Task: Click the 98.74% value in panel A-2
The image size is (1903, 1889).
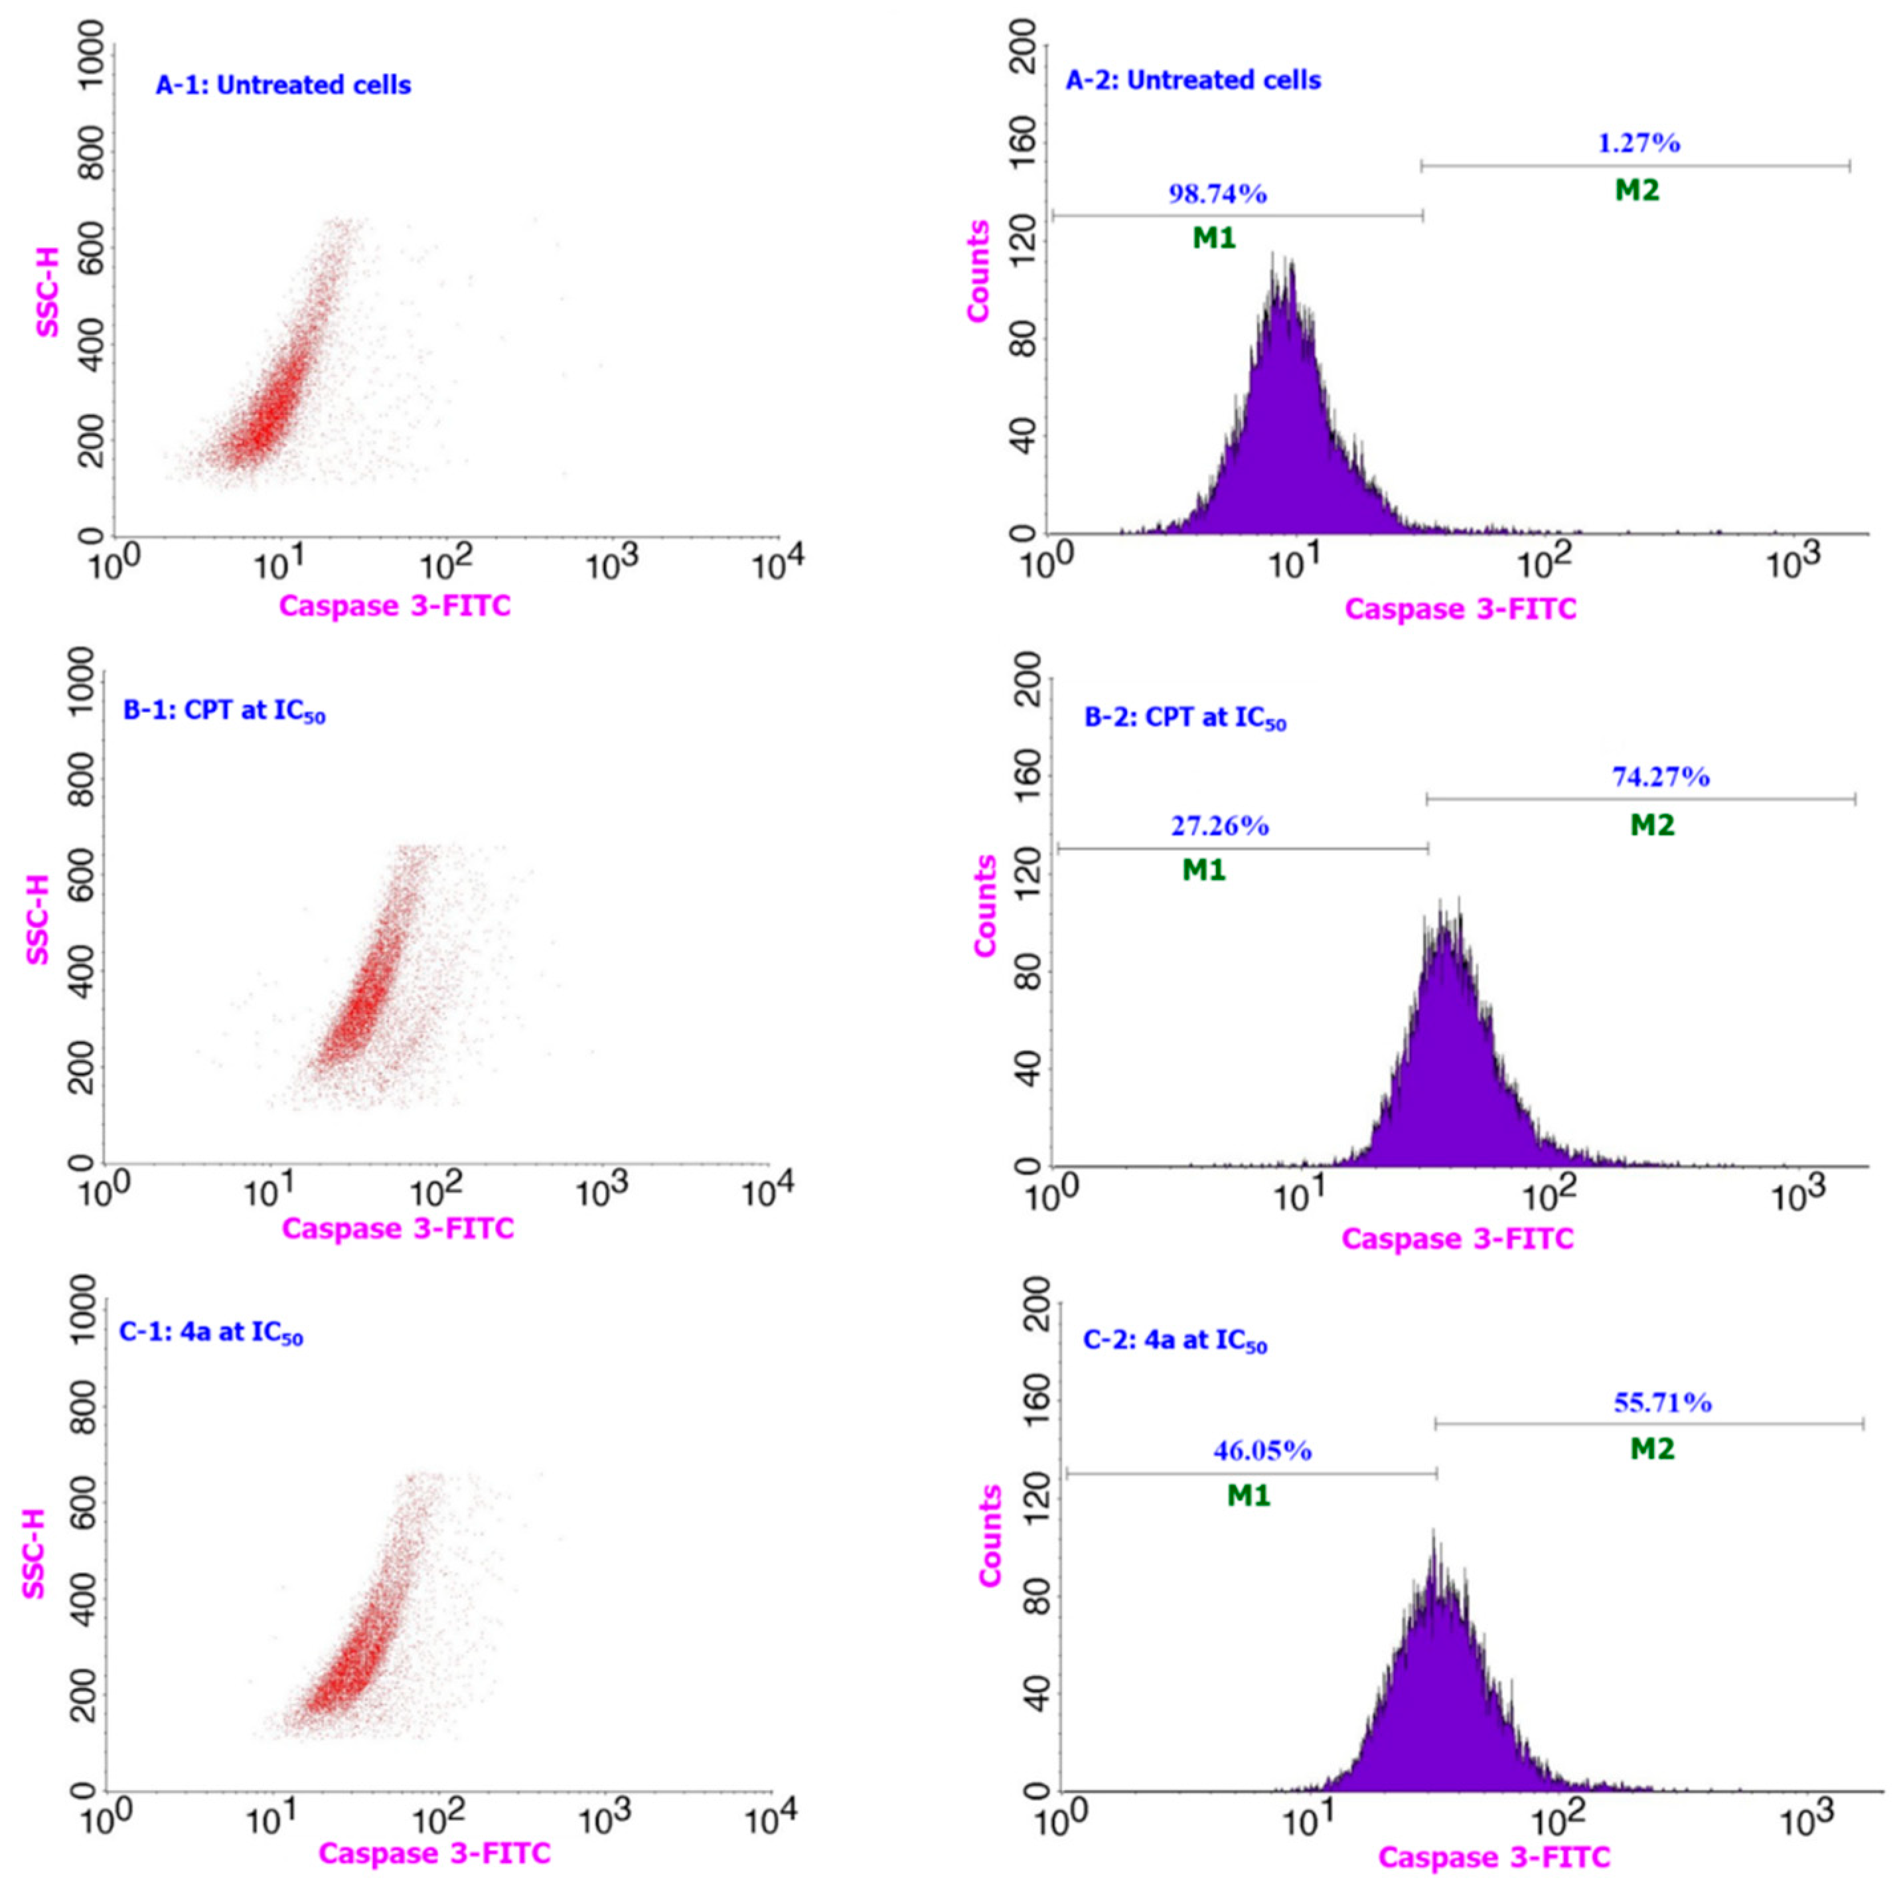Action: pyautogui.click(x=1217, y=194)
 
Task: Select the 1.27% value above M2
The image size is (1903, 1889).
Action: pyautogui.click(x=1638, y=144)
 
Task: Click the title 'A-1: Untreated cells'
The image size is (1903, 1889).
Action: pyautogui.click(x=283, y=86)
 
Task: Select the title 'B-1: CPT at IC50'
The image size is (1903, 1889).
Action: pyautogui.click(x=224, y=711)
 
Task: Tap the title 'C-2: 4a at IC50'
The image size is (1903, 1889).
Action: pyautogui.click(x=1174, y=1341)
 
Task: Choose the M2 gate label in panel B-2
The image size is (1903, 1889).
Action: pyautogui.click(x=1652, y=825)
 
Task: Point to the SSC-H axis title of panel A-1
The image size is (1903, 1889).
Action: pyautogui.click(x=47, y=293)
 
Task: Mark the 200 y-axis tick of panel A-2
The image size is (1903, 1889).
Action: pyautogui.click(x=1024, y=44)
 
